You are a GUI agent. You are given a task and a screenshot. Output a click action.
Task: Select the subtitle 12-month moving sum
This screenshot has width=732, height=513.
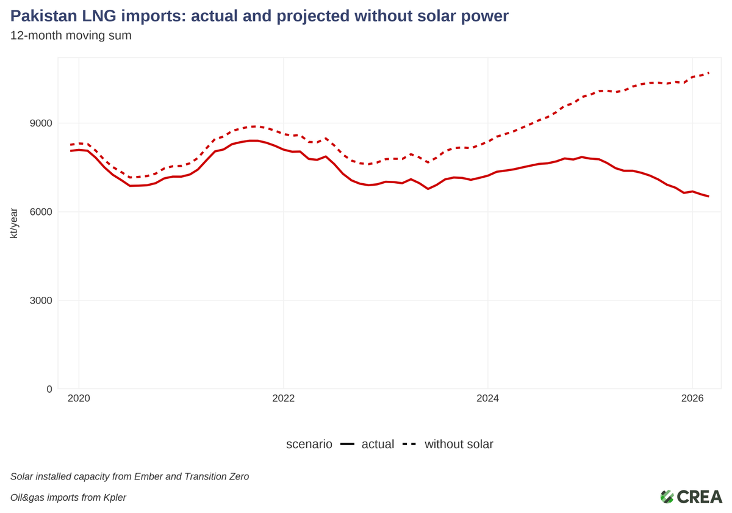click(71, 35)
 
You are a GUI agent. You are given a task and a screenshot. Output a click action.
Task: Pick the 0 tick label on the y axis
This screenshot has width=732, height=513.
click(49, 389)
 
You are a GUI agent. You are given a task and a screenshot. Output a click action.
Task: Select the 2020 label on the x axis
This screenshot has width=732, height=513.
click(79, 399)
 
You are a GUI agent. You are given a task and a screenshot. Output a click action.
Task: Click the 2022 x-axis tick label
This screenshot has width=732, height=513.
click(283, 399)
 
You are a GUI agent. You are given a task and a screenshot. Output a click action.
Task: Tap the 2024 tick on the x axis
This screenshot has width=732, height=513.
click(487, 399)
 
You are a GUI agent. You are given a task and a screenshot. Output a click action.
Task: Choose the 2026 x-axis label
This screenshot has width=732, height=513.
click(692, 399)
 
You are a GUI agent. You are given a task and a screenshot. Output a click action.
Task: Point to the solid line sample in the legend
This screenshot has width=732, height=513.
click(347, 444)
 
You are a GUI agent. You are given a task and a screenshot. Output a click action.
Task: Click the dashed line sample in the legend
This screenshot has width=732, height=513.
click(409, 444)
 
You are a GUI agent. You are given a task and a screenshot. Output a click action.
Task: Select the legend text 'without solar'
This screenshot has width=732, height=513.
click(459, 444)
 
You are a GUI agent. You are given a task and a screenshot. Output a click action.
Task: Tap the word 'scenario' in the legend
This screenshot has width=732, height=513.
click(309, 444)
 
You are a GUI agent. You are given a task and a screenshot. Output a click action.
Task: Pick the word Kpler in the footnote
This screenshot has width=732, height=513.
click(112, 497)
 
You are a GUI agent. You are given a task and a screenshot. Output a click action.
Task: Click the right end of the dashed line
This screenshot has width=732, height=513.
click(708, 73)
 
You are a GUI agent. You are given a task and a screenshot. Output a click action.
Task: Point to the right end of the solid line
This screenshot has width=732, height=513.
click(708, 196)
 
